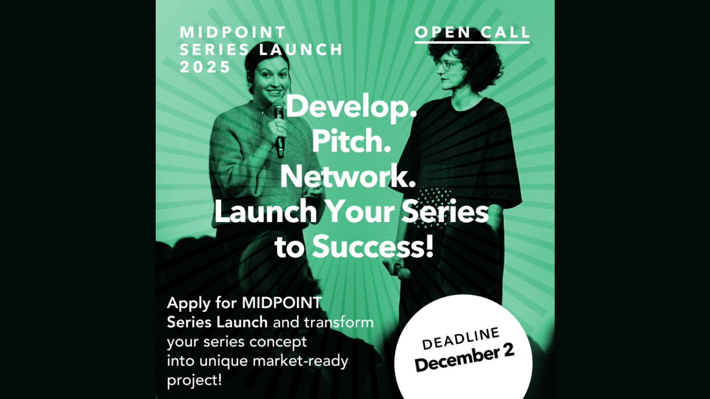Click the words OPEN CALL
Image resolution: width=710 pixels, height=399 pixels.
tap(472, 32)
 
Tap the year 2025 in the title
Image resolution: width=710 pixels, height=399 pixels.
tap(205, 67)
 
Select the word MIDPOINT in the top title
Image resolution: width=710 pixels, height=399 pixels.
tap(233, 32)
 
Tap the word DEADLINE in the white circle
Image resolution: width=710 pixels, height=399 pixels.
tap(461, 339)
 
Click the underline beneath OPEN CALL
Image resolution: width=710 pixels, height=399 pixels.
tap(472, 42)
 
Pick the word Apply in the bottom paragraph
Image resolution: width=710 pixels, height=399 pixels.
tap(189, 303)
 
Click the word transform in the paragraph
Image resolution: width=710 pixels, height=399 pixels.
tap(338, 322)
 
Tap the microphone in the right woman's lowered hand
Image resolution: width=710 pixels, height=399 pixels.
tap(400, 271)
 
